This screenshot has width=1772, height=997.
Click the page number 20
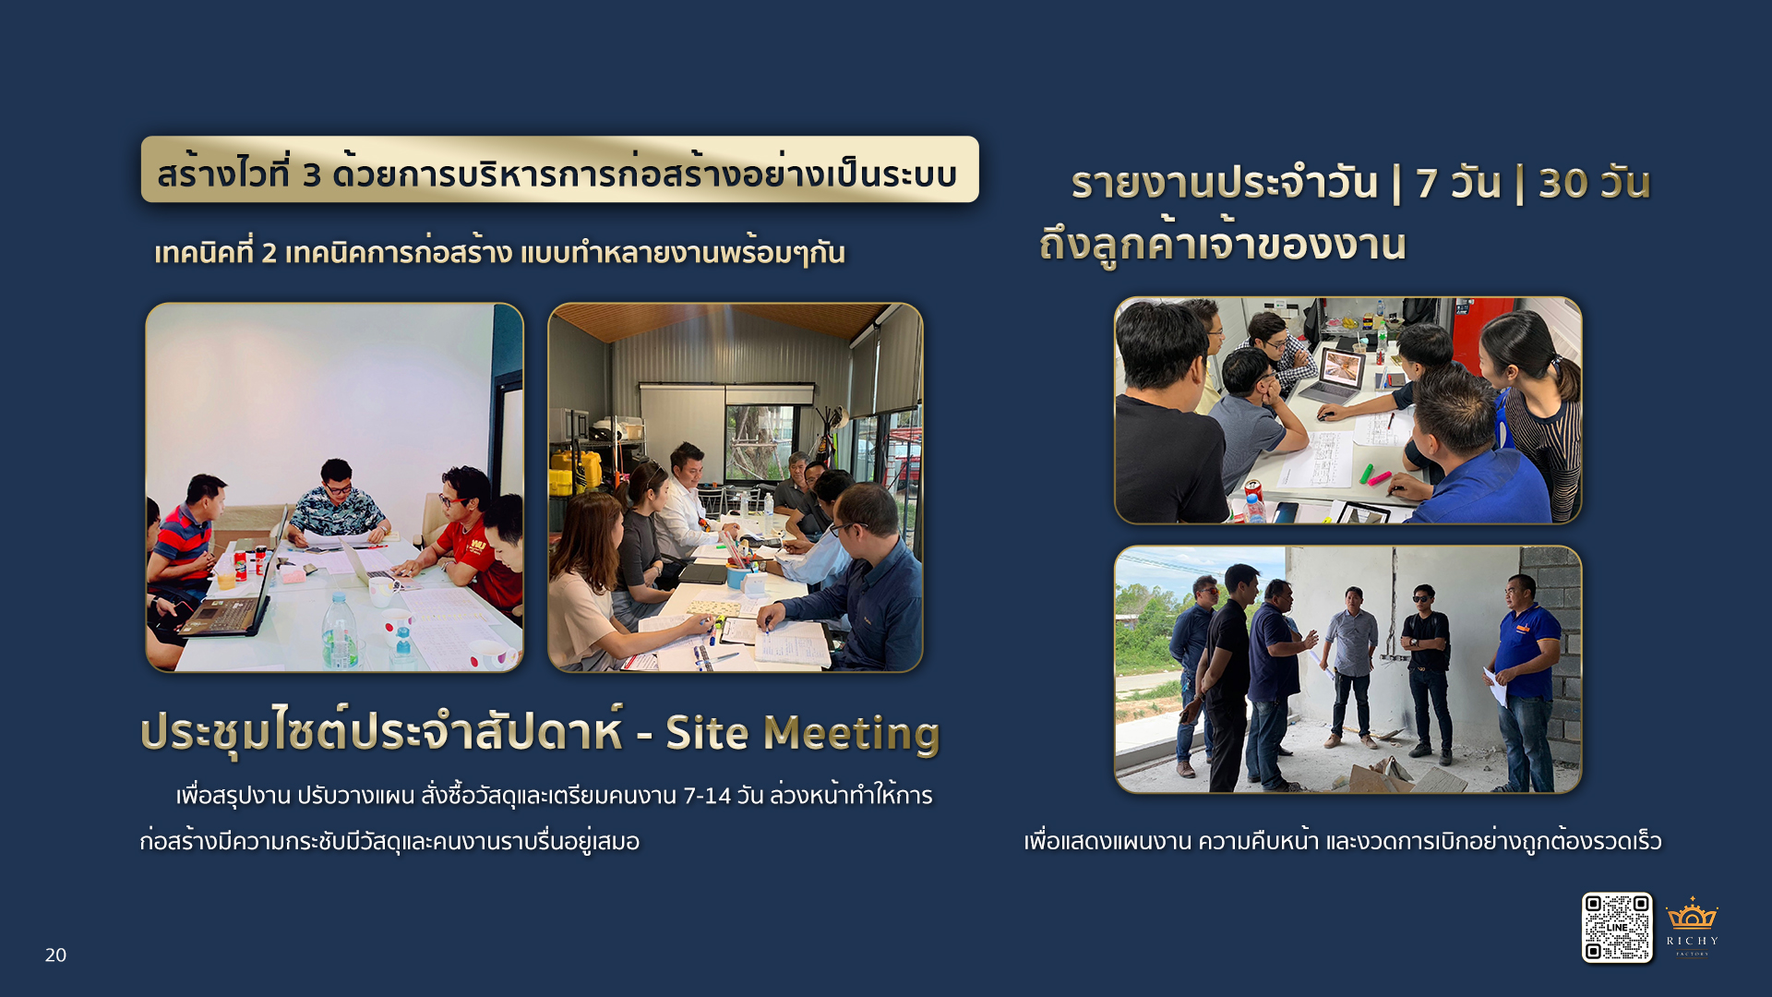55,955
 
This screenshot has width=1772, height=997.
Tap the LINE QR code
1617,928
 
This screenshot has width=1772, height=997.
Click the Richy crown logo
1692,927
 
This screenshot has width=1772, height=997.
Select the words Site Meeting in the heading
802,734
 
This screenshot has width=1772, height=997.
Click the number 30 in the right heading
1562,184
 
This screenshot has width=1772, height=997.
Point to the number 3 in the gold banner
312,175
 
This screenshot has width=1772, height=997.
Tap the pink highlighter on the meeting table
1380,478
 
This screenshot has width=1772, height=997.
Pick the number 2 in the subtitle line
269,253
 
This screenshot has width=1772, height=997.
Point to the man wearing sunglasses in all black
1426,674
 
